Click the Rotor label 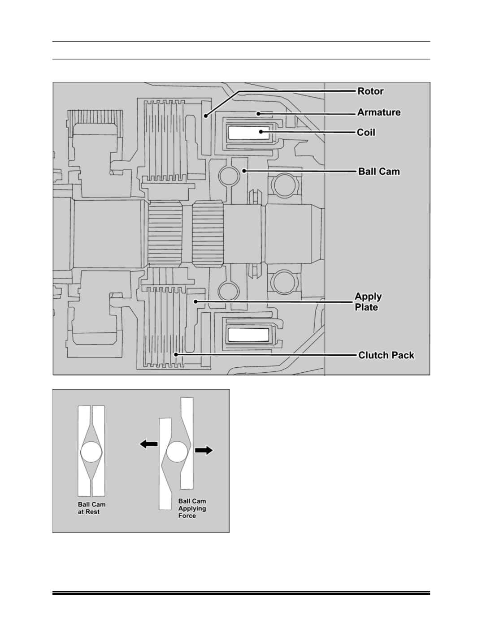(370, 91)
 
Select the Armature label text (379, 112)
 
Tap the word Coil (366, 132)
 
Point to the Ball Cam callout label (379, 171)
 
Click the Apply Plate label (368, 302)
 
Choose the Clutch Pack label (386, 355)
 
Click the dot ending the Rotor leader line (205, 116)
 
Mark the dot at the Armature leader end (258, 113)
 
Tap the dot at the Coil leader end (261, 131)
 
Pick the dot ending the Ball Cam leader (244, 171)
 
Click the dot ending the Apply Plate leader (195, 301)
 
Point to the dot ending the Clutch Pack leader (176, 354)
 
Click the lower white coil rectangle (248, 335)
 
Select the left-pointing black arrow (149, 444)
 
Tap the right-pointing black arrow (204, 450)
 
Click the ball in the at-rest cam (91, 452)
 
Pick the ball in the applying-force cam (177, 452)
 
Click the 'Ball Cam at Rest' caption (91, 508)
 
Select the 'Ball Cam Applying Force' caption (192, 508)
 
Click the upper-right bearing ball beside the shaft (285, 185)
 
